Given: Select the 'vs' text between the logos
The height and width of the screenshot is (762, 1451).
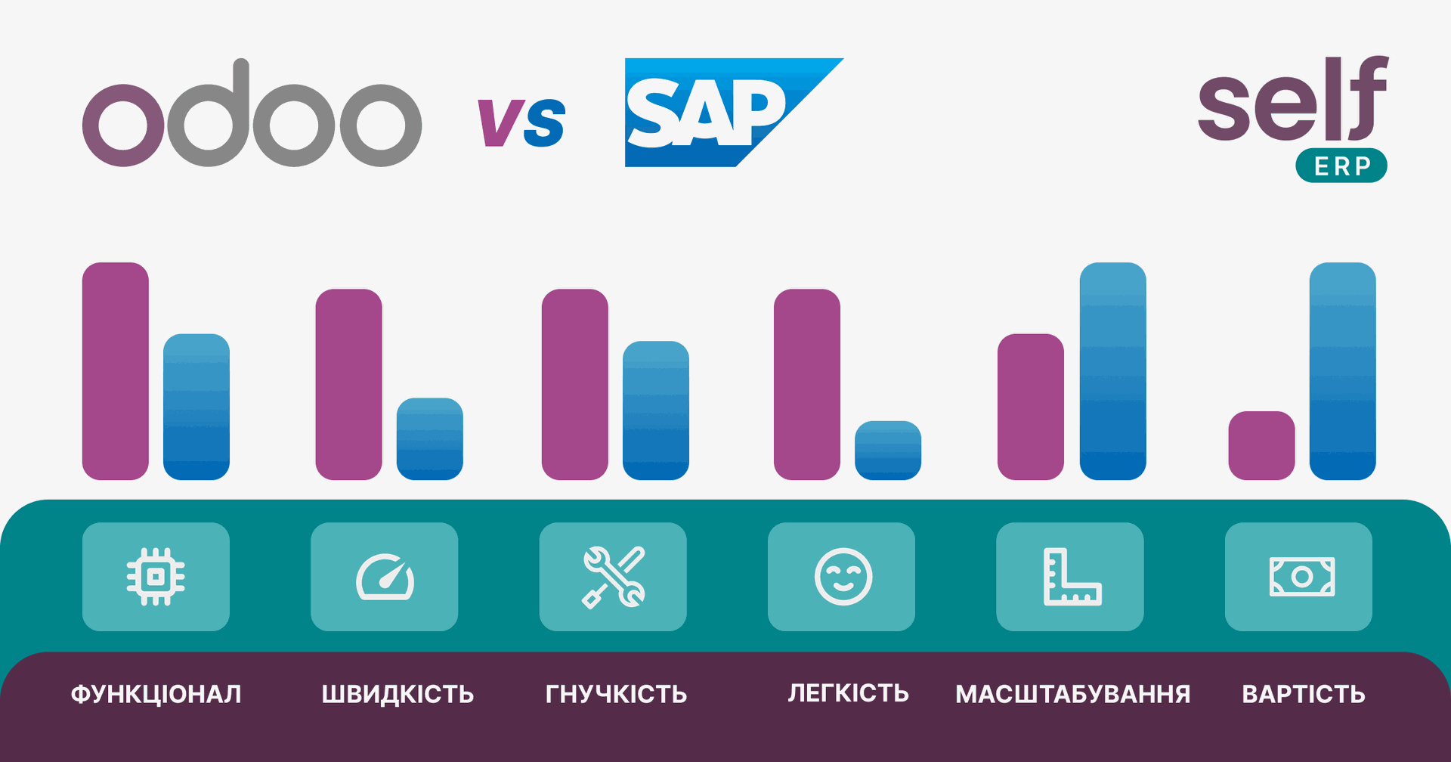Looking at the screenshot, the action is coord(521,121).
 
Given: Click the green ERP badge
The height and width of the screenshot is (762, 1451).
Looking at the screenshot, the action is coord(1341,166).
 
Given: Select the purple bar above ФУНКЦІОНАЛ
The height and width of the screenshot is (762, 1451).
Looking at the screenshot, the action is coord(116,371).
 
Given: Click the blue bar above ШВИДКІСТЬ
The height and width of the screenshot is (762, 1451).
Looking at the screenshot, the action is coord(430,438).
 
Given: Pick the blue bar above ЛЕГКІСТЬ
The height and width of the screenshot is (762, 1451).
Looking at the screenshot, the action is coord(888,451).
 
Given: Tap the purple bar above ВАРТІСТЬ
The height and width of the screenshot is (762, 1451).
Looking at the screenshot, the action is coord(1261,445).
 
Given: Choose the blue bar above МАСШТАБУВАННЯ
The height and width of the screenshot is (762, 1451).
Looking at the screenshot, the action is coord(1113,371).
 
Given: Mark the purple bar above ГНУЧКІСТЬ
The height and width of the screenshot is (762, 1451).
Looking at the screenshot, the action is coord(575,384).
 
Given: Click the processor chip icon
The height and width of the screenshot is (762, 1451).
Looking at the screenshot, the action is coord(156,577).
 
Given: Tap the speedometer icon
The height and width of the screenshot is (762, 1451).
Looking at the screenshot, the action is coord(385,578).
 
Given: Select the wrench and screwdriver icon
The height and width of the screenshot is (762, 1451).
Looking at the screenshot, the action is coord(614,577).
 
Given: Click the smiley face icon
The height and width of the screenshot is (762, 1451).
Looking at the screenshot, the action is coord(843,577).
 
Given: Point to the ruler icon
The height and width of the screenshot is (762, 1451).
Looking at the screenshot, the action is coord(1072,577).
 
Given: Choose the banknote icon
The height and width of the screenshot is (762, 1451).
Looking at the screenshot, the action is coord(1301,577).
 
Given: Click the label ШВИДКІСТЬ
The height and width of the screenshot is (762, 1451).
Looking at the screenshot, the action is coord(398,694).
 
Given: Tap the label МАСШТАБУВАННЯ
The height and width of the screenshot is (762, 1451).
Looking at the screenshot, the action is coord(1073,694).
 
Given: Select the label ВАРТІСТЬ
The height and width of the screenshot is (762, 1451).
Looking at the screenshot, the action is coord(1304,694).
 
